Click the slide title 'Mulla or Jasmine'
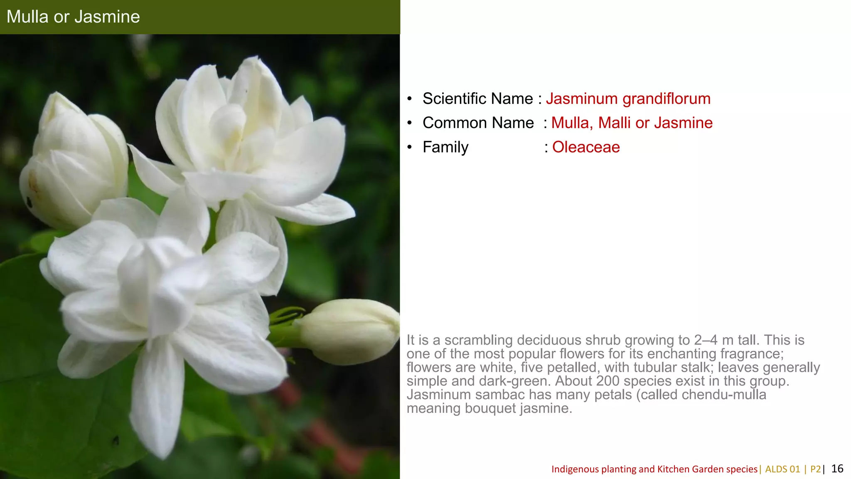73,17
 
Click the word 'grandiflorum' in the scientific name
666,99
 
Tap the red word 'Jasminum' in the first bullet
582,99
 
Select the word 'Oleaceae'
586,147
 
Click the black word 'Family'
445,147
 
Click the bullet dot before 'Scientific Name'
410,99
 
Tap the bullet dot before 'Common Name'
410,123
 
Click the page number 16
837,469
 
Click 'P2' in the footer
815,469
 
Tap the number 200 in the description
608,381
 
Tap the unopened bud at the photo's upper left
73,162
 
